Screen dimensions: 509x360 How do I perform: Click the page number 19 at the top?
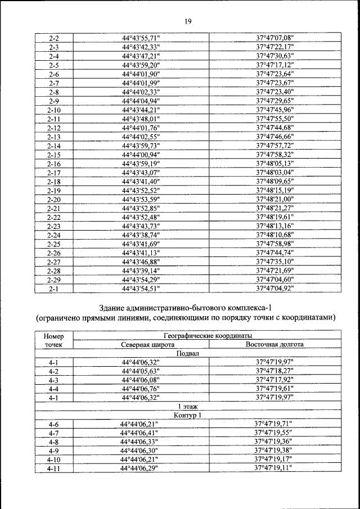[188, 21]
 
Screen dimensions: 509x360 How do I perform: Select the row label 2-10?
[55, 110]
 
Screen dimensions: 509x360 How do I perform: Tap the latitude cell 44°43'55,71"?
[141, 38]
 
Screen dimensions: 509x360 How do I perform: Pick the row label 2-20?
[55, 199]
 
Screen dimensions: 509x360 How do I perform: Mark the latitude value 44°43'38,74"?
[141, 235]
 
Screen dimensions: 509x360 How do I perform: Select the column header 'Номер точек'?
[54, 340]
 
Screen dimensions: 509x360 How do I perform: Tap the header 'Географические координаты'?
[208, 335]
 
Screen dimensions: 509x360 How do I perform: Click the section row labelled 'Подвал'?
[188, 353]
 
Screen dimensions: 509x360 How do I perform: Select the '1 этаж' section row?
[188, 407]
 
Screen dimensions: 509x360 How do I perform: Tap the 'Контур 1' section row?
[188, 416]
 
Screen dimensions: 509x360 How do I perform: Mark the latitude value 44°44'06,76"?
[141, 389]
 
